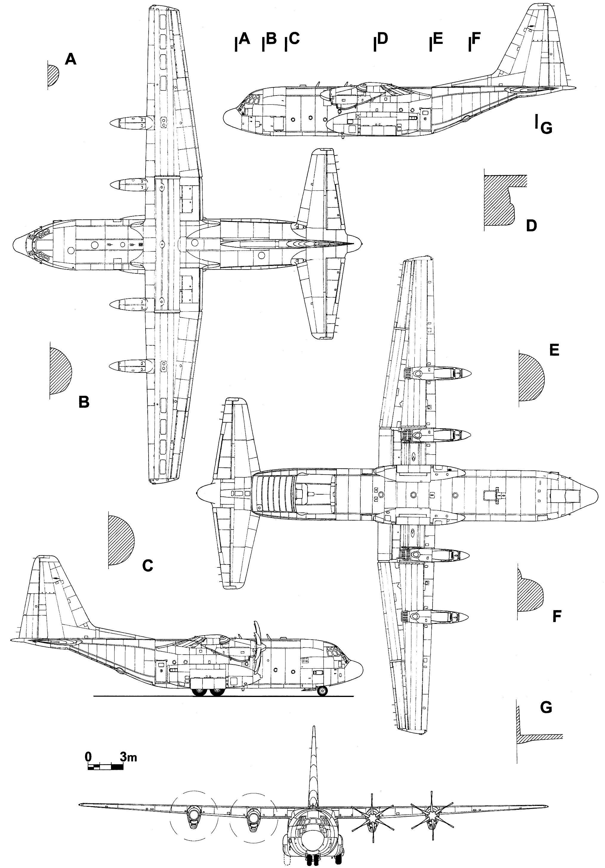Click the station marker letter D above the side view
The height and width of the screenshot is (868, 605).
[x=382, y=38]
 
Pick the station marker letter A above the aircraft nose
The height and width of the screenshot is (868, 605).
[x=245, y=38]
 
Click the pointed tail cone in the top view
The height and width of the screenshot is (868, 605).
[x=355, y=242]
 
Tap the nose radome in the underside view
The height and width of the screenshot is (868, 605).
[x=588, y=494]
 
